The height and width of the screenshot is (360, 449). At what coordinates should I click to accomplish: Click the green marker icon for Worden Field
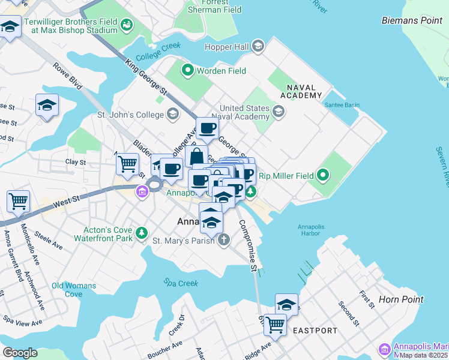(187, 71)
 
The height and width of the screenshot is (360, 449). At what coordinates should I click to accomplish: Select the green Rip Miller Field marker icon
(323, 176)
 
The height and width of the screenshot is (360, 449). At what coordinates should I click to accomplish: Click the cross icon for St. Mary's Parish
(223, 241)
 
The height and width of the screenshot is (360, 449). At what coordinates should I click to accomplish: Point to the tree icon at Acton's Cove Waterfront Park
(141, 233)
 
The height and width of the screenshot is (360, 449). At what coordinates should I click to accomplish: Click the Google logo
(20, 352)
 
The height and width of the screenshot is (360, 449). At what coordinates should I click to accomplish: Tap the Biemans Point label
(412, 20)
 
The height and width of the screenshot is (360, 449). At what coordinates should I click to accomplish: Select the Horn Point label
(401, 299)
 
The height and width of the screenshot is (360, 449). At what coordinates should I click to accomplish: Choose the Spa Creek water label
(176, 281)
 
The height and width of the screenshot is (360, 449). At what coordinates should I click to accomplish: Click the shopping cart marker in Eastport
(276, 324)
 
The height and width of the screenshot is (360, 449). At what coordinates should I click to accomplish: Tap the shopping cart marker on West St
(19, 201)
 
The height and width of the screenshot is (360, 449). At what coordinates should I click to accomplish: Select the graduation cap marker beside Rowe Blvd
(47, 106)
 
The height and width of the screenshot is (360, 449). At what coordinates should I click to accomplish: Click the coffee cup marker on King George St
(207, 127)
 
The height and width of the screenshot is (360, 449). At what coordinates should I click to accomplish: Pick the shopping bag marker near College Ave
(196, 157)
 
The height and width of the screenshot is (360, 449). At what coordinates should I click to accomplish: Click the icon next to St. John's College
(173, 114)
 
